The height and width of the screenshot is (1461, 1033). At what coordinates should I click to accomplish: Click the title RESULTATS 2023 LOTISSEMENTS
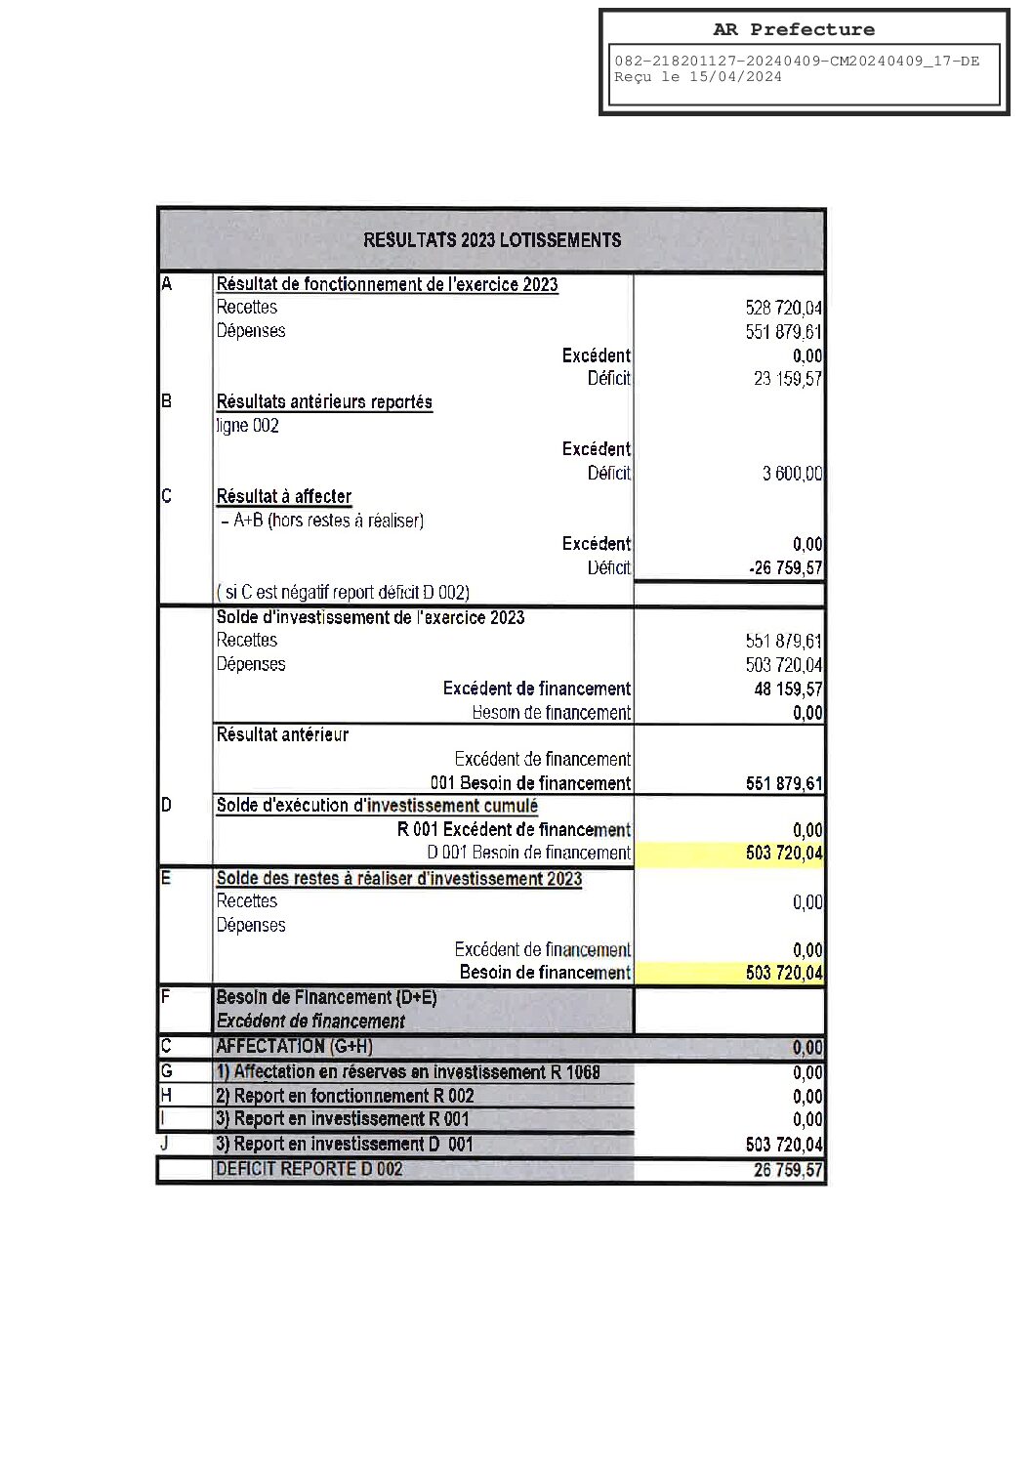(491, 240)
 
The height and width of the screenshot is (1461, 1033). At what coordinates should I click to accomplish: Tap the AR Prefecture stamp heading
(793, 29)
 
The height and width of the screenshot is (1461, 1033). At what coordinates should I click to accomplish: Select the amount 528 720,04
(783, 309)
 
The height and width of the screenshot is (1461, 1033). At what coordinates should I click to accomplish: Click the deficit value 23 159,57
(787, 379)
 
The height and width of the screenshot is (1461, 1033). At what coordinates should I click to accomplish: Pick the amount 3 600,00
(792, 474)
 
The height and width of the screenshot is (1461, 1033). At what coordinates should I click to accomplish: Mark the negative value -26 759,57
(786, 568)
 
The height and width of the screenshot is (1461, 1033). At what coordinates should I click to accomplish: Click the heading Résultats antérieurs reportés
(324, 402)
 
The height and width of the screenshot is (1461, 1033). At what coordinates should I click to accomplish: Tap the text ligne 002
(248, 426)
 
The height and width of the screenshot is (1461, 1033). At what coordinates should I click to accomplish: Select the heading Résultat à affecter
(284, 497)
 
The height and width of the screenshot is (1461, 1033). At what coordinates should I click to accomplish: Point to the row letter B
(166, 400)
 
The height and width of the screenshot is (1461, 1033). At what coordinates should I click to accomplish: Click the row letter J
(166, 1141)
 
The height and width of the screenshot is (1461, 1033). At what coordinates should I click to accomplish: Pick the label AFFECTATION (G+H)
(294, 1046)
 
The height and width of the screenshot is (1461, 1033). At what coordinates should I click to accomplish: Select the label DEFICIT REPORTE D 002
(309, 1169)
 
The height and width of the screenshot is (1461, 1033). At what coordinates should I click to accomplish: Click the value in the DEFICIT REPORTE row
(788, 1170)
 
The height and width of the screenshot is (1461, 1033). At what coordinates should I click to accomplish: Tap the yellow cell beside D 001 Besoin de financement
(728, 854)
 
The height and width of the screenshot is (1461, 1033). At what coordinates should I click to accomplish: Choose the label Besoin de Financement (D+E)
(326, 997)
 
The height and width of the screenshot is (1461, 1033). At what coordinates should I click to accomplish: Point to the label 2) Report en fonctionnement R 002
(345, 1096)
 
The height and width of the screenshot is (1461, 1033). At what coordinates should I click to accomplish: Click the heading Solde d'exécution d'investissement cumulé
(377, 806)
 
